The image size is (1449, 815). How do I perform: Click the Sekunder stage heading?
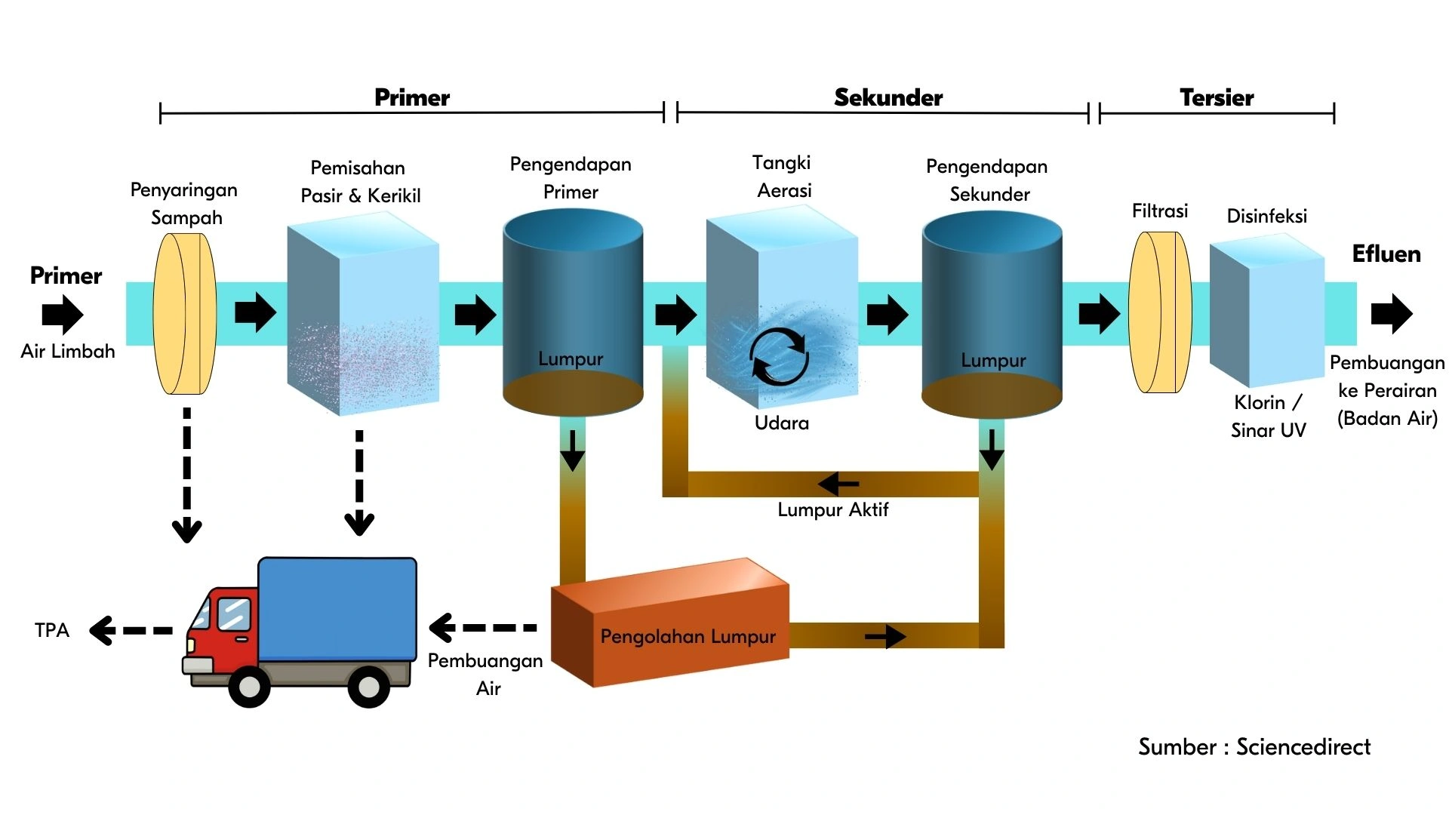(888, 97)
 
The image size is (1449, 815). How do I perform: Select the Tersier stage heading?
(1217, 97)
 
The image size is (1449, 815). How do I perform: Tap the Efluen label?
(1386, 254)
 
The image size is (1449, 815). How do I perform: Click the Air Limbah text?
(68, 351)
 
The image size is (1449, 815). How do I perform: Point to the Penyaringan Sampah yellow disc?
(185, 313)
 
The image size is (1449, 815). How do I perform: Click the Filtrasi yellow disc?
(1160, 312)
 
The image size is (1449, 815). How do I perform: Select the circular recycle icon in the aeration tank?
(779, 356)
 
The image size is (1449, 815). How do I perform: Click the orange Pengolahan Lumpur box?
(670, 623)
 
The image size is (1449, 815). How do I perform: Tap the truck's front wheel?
(249, 686)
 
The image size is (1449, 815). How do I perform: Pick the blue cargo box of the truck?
(337, 610)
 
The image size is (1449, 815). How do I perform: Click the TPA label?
(52, 630)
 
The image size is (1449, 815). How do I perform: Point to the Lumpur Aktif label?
(833, 509)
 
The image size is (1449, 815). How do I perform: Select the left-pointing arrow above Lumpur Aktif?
(838, 483)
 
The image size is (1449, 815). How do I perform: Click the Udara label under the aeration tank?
(782, 423)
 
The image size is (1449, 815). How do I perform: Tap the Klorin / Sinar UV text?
(1269, 416)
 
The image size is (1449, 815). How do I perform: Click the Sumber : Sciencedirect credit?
(1254, 746)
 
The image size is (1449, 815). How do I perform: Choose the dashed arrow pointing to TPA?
(131, 630)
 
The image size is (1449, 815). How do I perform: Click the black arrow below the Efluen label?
(1392, 313)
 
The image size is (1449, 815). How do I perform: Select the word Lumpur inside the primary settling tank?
(571, 358)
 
